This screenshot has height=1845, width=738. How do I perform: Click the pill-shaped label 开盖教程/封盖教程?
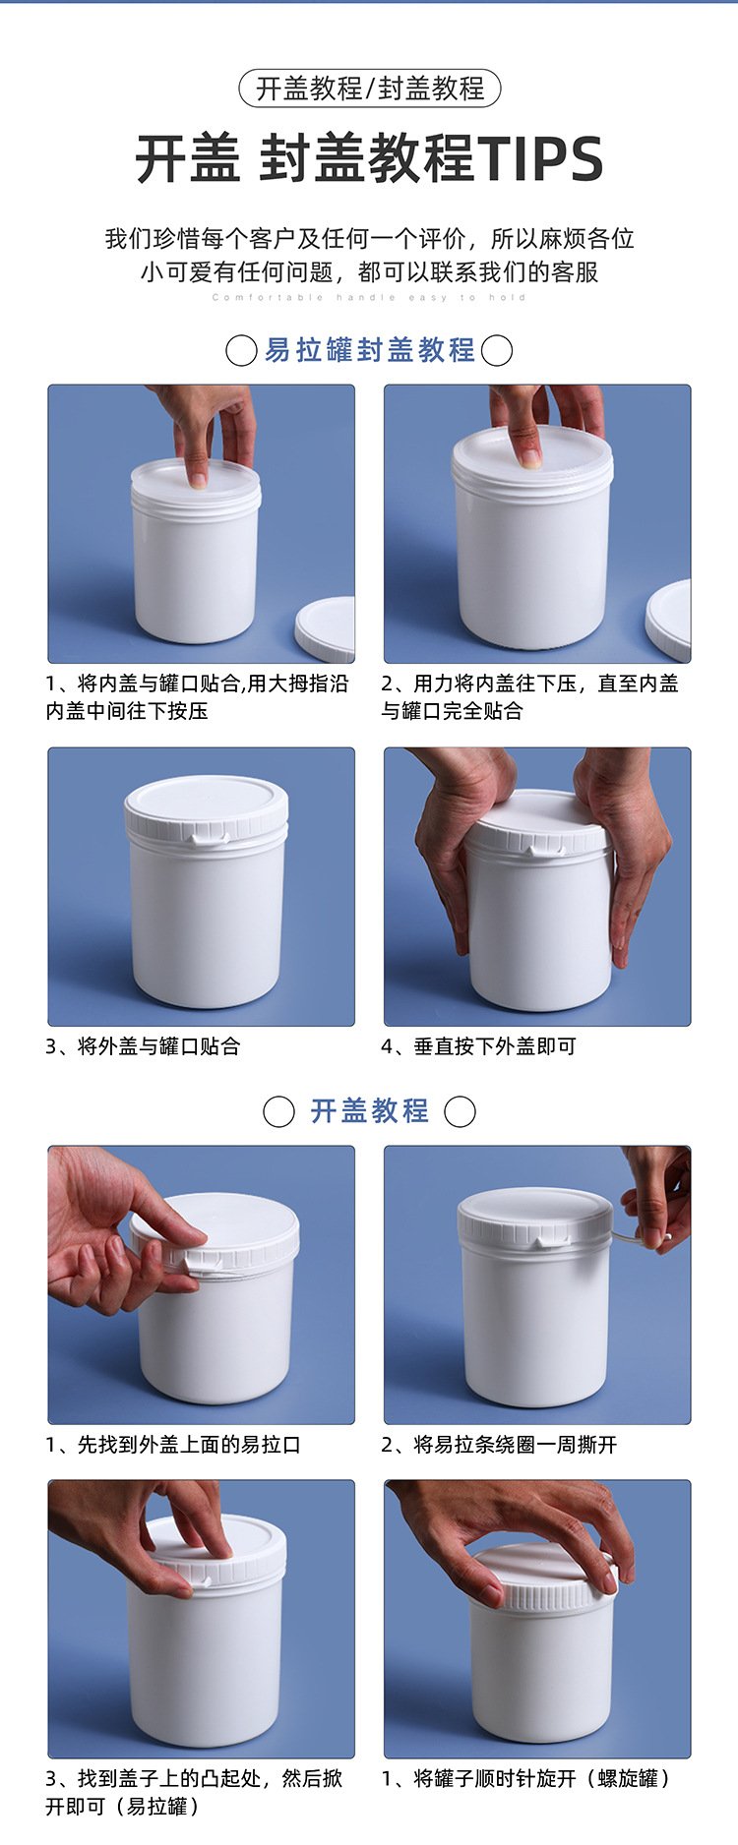tap(369, 89)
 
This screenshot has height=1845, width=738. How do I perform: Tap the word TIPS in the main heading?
tap(540, 159)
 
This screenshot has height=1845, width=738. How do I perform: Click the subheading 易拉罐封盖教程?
tap(369, 350)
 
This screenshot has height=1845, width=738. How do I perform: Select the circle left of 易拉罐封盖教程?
tap(241, 350)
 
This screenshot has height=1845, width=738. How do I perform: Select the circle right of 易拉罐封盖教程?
tap(497, 350)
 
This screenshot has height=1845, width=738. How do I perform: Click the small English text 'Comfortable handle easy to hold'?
tap(369, 297)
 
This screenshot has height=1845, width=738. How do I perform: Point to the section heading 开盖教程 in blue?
tap(369, 1111)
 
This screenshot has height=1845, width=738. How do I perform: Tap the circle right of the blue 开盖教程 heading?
tap(460, 1111)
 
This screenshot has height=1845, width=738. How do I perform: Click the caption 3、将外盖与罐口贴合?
tap(144, 1046)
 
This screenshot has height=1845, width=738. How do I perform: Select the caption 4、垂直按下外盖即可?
tap(479, 1046)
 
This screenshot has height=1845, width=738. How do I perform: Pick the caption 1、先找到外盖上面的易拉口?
tap(173, 1445)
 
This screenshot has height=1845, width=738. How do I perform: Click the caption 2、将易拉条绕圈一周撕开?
tap(500, 1445)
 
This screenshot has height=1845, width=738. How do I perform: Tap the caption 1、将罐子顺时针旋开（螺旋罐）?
tap(527, 1778)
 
